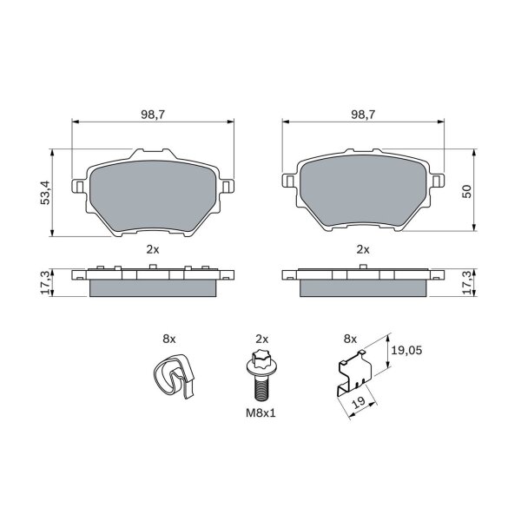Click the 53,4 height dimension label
[45, 193]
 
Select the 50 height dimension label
[467, 191]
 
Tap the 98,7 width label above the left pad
[153, 115]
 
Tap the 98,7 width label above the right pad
[363, 115]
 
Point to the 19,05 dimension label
[406, 350]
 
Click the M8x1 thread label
[260, 413]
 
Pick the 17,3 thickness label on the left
[45, 282]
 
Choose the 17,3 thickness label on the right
[467, 282]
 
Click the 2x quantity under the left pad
[153, 249]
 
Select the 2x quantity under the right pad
[363, 249]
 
